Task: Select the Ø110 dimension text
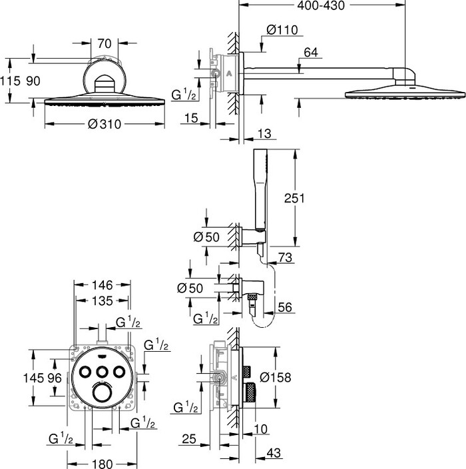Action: (282, 29)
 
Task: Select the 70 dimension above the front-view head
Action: (103, 43)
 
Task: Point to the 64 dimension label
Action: (312, 52)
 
